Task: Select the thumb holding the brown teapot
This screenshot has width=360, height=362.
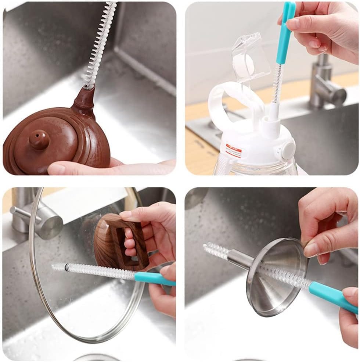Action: coord(62,168)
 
